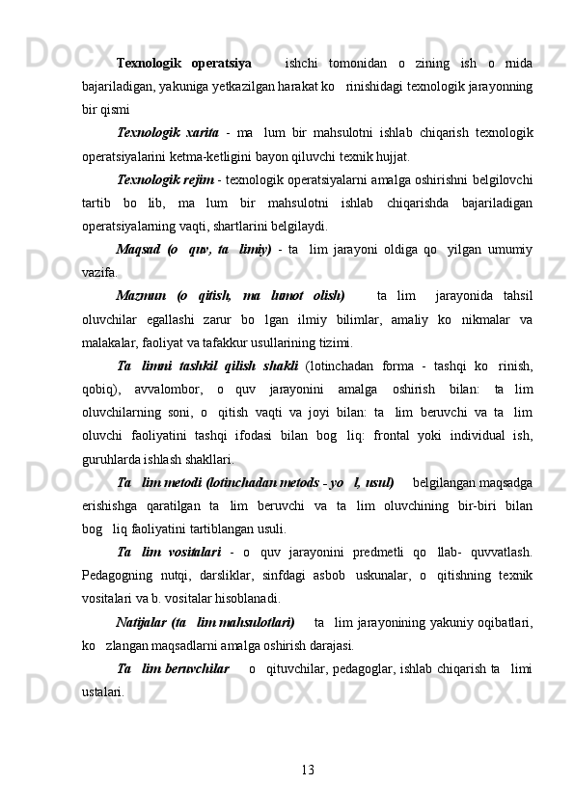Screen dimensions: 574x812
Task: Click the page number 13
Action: pyautogui.click(x=308, y=769)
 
